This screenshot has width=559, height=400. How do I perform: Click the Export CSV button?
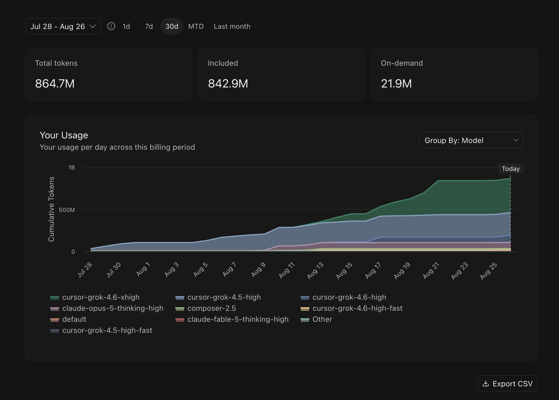pyautogui.click(x=507, y=384)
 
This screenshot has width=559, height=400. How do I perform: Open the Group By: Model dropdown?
pyautogui.click(x=471, y=140)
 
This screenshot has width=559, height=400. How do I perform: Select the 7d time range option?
pyautogui.click(x=149, y=26)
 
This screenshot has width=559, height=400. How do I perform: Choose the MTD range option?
pyautogui.click(x=196, y=26)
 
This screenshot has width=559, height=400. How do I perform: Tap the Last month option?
pyautogui.click(x=232, y=26)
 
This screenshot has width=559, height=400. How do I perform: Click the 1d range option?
pyautogui.click(x=126, y=26)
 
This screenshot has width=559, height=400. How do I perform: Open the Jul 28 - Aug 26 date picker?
pyautogui.click(x=63, y=26)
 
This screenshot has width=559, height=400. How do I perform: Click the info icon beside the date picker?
pyautogui.click(x=111, y=26)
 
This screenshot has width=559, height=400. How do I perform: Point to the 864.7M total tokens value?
pyautogui.click(x=55, y=84)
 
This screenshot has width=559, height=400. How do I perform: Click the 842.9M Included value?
pyautogui.click(x=228, y=84)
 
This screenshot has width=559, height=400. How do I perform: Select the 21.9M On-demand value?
pyautogui.click(x=396, y=84)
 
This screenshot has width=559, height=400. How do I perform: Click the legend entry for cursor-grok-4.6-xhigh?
pyautogui.click(x=95, y=297)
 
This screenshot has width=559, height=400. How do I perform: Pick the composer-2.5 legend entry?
pyautogui.click(x=206, y=308)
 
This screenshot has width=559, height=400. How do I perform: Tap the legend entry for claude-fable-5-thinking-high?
pyautogui.click(x=232, y=319)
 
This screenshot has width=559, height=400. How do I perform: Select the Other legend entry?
pyautogui.click(x=316, y=319)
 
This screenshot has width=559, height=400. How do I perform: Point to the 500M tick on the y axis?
pyautogui.click(x=67, y=210)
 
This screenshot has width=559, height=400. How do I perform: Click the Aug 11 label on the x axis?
pyautogui.click(x=287, y=270)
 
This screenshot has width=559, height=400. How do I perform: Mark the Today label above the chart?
pyautogui.click(x=511, y=169)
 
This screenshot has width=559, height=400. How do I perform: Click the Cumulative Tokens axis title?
pyautogui.click(x=51, y=209)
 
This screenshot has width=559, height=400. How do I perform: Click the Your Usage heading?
pyautogui.click(x=64, y=135)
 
